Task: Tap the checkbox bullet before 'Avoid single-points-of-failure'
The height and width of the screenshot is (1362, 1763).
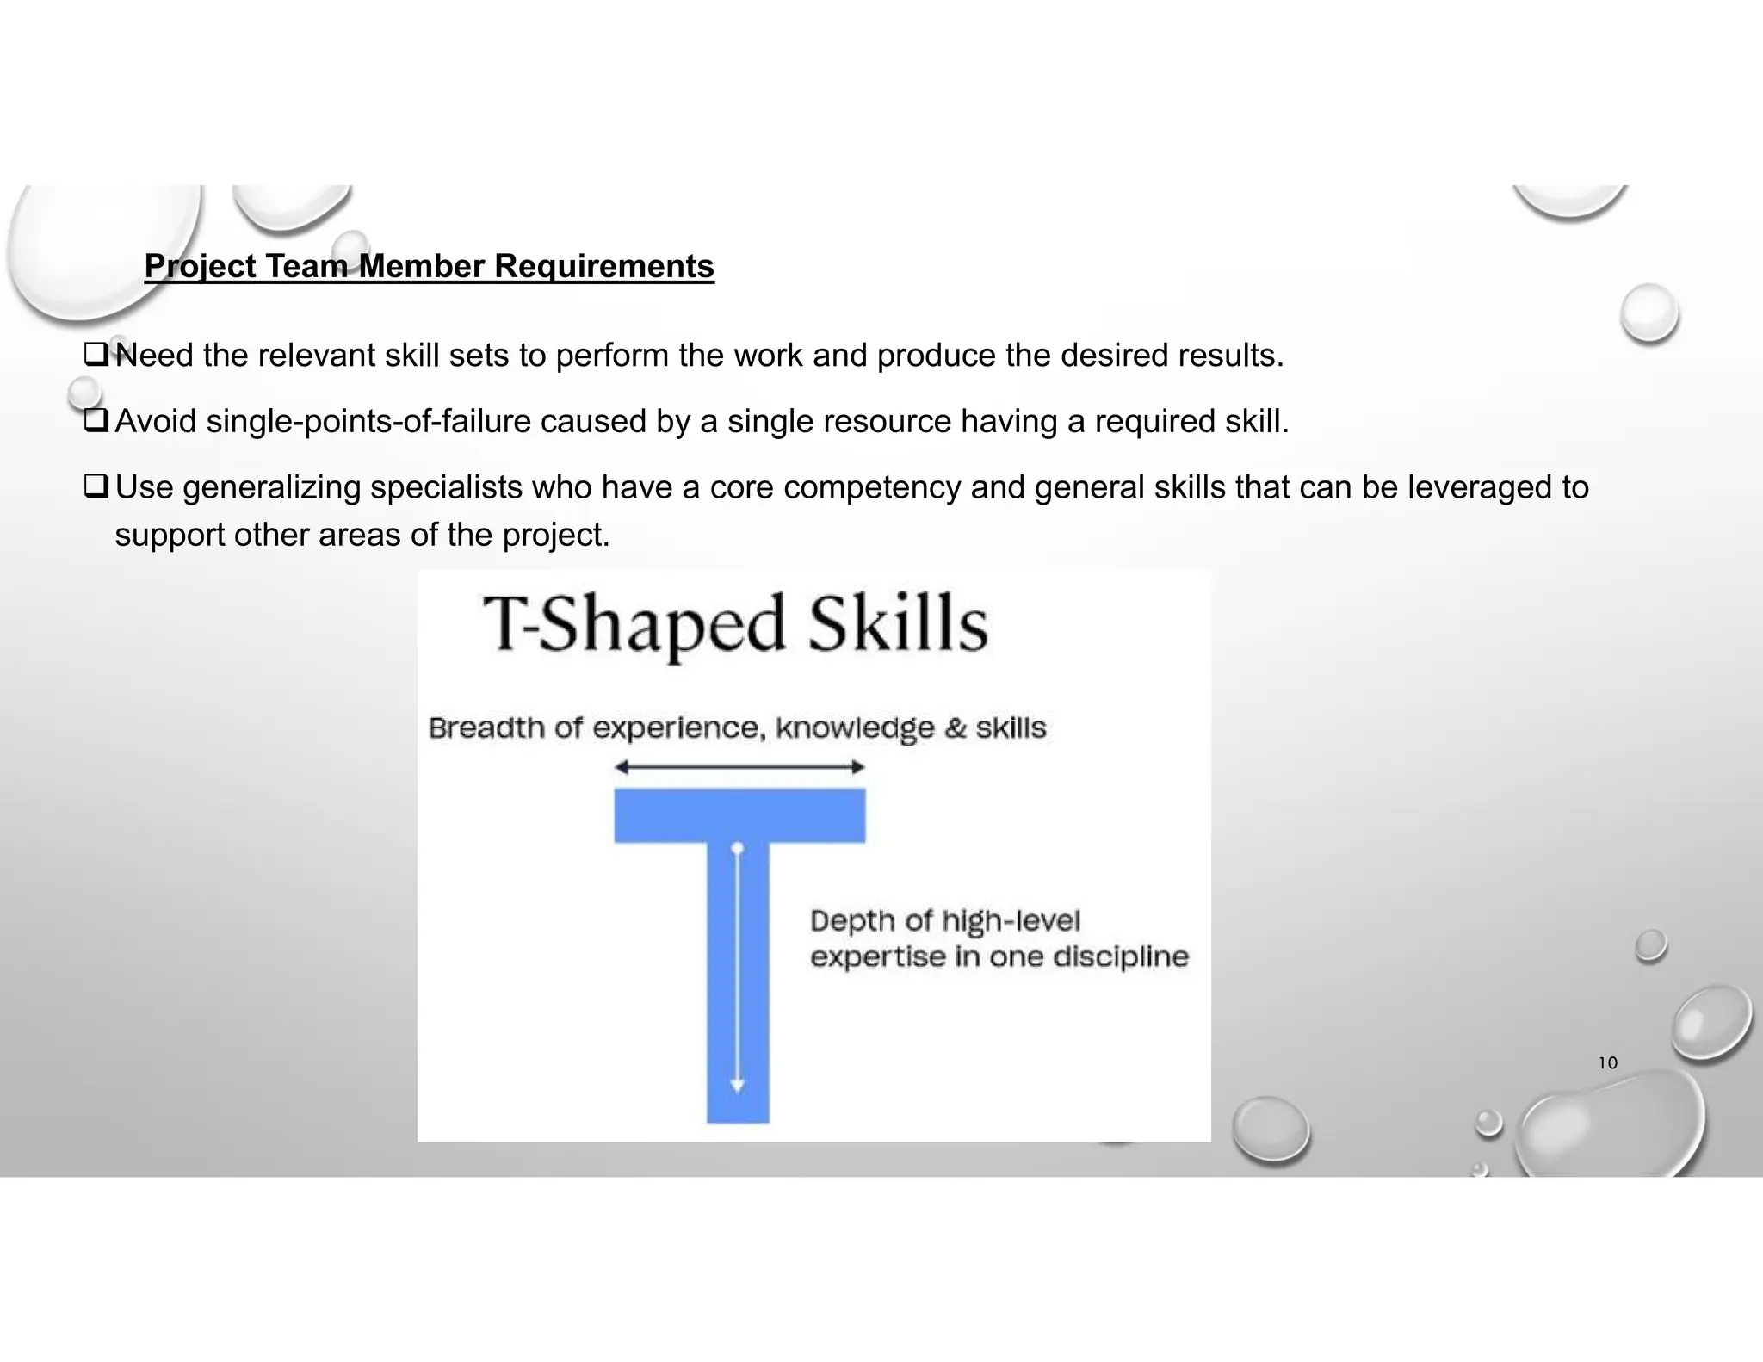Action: click(x=96, y=420)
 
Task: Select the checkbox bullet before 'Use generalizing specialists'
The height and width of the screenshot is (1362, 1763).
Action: click(x=96, y=486)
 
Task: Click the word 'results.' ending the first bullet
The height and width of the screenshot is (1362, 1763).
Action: click(x=1231, y=356)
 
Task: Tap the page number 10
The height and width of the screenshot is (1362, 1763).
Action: click(x=1607, y=1063)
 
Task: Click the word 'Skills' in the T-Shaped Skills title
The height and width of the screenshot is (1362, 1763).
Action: click(x=898, y=623)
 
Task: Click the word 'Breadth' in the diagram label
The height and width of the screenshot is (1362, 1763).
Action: click(x=487, y=728)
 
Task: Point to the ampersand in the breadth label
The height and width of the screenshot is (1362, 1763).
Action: click(x=956, y=728)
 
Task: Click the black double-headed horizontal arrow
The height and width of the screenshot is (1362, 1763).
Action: click(x=739, y=767)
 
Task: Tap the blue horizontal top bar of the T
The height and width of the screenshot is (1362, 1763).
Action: click(x=739, y=815)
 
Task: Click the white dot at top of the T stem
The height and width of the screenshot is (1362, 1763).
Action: click(x=737, y=849)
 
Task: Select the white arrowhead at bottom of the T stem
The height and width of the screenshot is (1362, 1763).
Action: click(x=737, y=1087)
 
